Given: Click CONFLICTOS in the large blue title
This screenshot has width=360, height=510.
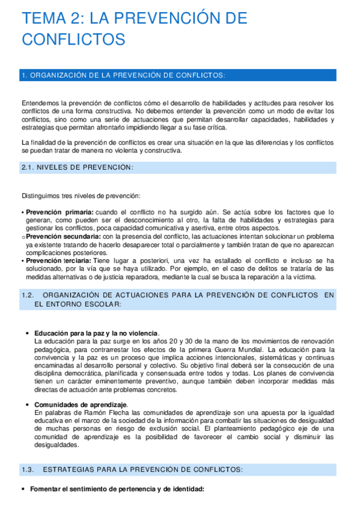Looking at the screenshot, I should pos(73,40).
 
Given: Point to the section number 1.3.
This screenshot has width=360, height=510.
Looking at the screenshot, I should pos(28,469).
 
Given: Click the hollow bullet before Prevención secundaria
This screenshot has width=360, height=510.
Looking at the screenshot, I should pos(23,237).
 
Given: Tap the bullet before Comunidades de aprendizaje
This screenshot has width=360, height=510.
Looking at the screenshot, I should pos(28,405).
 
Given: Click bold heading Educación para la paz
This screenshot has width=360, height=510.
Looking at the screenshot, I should pos(96,333).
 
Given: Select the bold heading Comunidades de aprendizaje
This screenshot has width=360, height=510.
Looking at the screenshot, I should pos(85,405).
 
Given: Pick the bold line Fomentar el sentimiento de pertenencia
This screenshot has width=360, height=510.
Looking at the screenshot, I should pos(117,489).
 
